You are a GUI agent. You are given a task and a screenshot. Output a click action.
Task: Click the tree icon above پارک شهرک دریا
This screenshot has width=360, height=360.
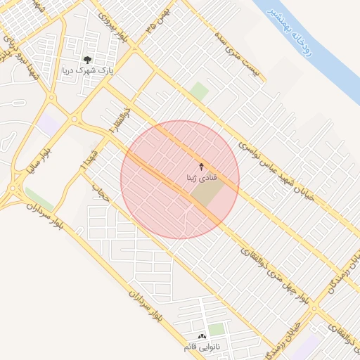pyautogui.click(x=87, y=60)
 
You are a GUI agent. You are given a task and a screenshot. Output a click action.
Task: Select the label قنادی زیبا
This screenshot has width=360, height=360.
pyautogui.click(x=202, y=178)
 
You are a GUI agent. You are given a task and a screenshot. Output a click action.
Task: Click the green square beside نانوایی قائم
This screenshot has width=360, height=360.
pyautogui.click(x=217, y=330)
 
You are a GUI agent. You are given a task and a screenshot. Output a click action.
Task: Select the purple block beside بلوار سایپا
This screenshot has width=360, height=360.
pyautogui.click(x=50, y=124)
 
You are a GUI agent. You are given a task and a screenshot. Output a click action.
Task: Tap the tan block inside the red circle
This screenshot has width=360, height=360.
pyautogui.click(x=205, y=194)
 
